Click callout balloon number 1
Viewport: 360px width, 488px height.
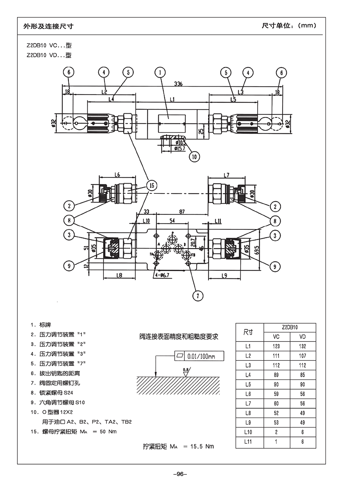[161, 73]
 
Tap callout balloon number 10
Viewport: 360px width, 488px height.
[194, 156]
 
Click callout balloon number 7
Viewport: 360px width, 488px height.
[197, 295]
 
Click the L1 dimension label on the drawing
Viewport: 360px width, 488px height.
[172, 100]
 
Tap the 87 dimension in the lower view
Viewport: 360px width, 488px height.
[182, 212]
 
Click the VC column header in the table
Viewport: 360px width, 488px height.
[276, 337]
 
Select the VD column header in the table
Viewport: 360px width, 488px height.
[302, 337]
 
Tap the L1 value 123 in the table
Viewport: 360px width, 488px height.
[276, 346]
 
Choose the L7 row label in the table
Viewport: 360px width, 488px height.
[248, 404]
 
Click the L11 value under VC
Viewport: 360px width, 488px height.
[276, 442]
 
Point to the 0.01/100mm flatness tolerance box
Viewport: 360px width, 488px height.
[199, 356]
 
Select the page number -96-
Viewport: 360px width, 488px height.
[180, 474]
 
